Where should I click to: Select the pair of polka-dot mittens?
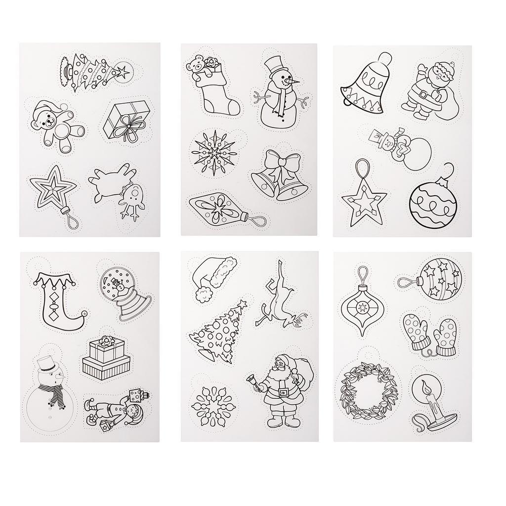click(430, 331)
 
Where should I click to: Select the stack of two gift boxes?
click(105, 356)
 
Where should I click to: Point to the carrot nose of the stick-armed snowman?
click(295, 80)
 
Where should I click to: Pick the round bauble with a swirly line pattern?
click(433, 206)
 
